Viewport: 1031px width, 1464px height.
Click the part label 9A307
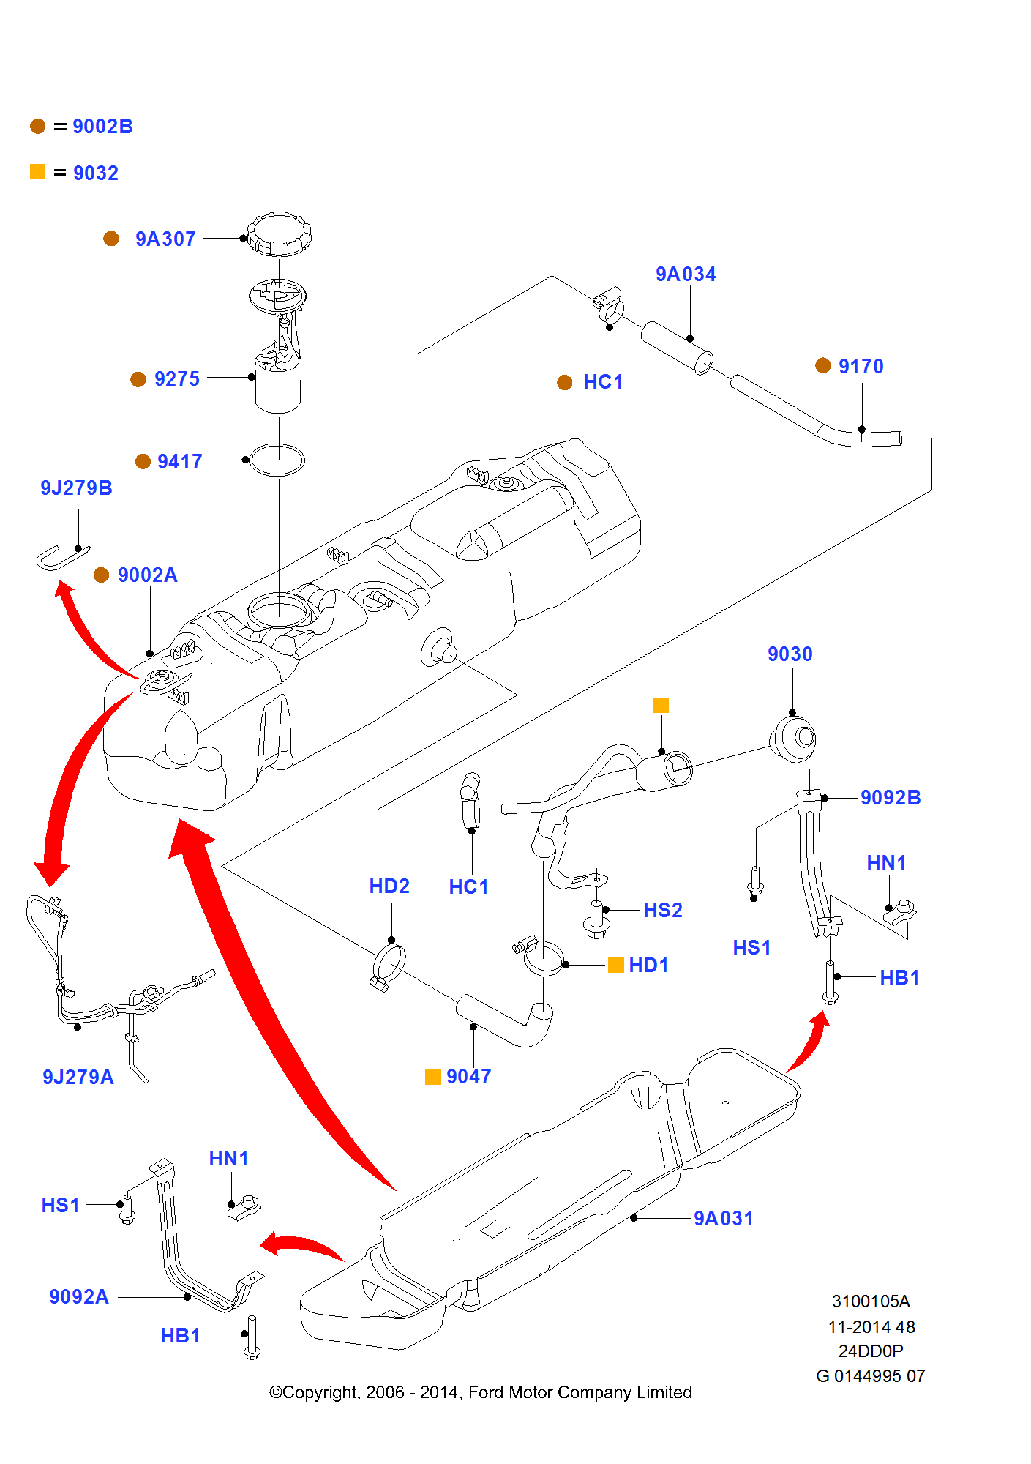(x=165, y=239)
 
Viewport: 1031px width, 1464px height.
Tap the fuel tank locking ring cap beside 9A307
(x=279, y=234)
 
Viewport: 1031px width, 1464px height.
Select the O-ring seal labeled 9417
(x=277, y=460)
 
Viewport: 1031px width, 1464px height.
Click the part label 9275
(x=176, y=379)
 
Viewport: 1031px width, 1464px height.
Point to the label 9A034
(x=686, y=274)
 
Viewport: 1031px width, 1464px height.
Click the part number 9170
(x=861, y=367)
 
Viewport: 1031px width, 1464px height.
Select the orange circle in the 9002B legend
(x=38, y=127)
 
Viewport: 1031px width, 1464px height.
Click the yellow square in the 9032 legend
(x=38, y=172)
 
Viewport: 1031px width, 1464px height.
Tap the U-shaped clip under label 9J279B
(x=61, y=558)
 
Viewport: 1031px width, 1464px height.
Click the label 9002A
(x=147, y=575)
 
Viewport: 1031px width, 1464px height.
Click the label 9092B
(x=890, y=798)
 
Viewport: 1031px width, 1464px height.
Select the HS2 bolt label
(x=662, y=911)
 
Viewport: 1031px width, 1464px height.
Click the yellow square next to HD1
(x=616, y=965)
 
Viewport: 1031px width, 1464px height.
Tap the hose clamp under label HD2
(x=388, y=966)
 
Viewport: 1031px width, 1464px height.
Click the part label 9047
(x=468, y=1077)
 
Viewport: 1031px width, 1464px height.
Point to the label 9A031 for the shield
(x=723, y=1219)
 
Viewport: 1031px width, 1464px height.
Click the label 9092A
(x=79, y=1297)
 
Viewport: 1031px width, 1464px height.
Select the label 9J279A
(x=78, y=1078)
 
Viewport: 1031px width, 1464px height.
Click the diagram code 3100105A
(x=870, y=1301)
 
